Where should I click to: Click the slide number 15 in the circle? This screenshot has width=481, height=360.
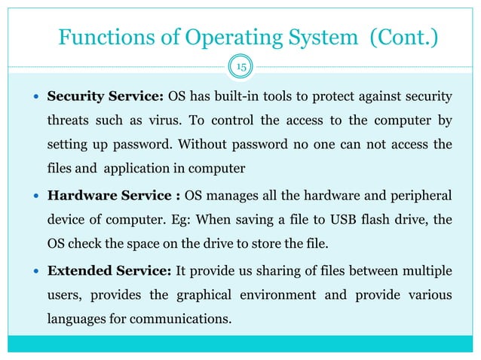(x=240, y=68)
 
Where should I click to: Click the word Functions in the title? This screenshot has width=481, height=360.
(x=103, y=37)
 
